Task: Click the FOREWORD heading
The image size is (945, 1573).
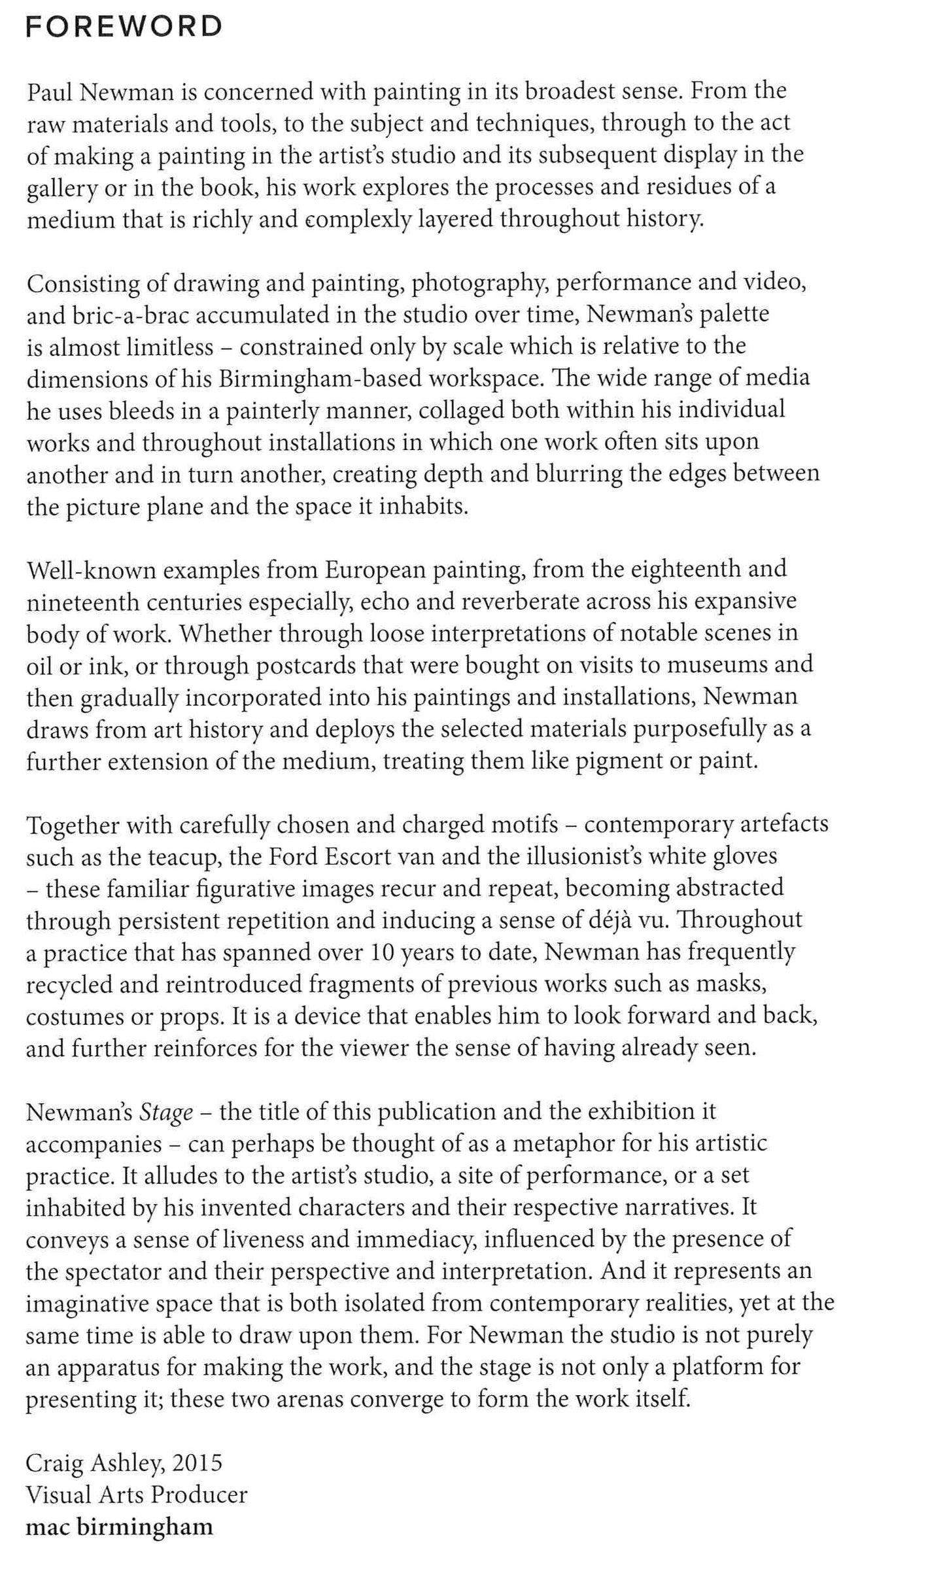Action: click(124, 27)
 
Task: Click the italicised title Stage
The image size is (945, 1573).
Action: click(167, 1113)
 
